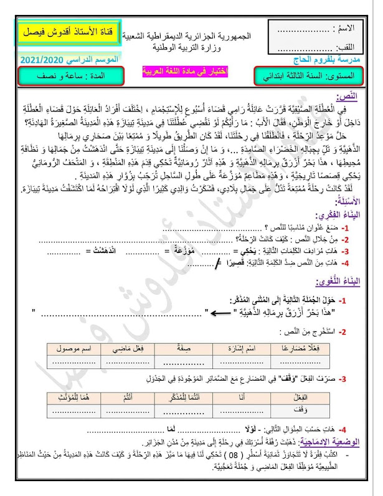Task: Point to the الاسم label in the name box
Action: [346, 29]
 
